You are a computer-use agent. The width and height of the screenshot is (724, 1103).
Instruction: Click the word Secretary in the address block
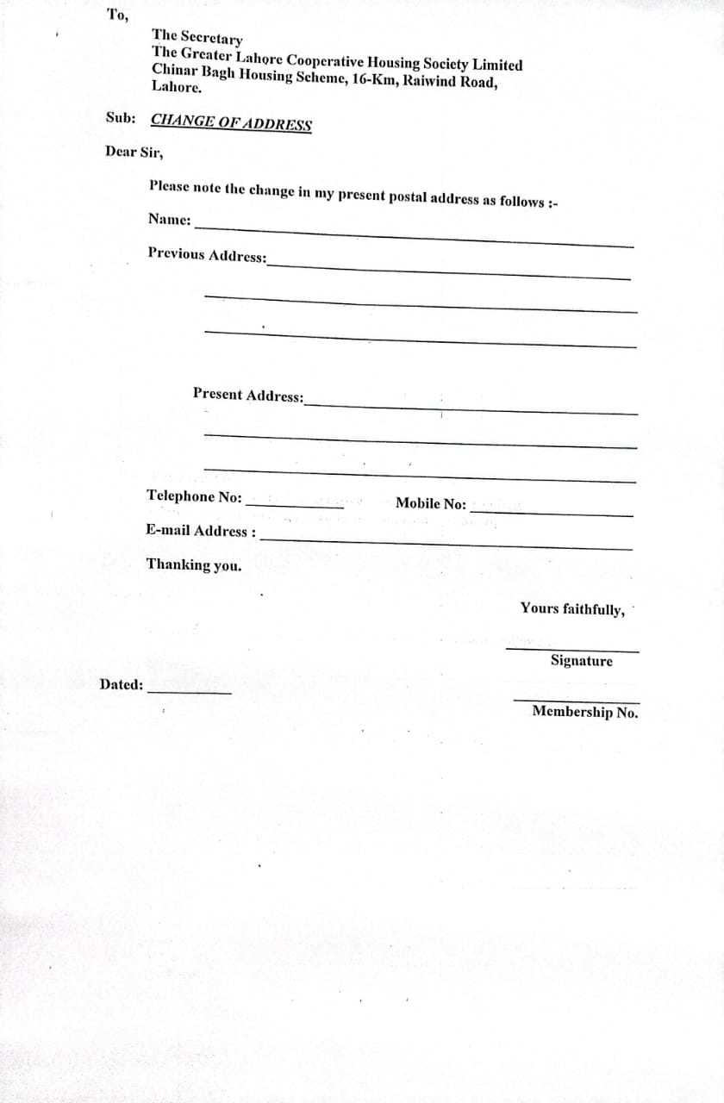coord(212,38)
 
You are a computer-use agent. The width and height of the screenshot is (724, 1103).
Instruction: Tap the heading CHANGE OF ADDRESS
coord(231,122)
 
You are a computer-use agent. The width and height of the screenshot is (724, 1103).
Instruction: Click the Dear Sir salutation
coord(134,152)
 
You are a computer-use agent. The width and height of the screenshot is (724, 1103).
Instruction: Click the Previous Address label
coord(207,255)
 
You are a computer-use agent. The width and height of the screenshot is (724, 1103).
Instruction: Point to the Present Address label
coord(248,396)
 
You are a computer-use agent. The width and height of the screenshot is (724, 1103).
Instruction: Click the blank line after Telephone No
coord(295,506)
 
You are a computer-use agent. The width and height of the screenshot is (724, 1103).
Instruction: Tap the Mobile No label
coord(430,504)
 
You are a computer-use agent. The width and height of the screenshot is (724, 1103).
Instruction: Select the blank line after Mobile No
coord(552,514)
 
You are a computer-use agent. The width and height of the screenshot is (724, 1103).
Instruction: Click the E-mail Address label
coord(201,531)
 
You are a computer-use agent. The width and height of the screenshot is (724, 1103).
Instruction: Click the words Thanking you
coord(194,565)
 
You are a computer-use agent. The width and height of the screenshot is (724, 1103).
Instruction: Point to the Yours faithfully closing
coord(572,609)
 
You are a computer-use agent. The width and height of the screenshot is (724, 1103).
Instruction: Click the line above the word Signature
coord(572,649)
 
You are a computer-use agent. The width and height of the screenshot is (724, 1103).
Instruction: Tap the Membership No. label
coord(585,712)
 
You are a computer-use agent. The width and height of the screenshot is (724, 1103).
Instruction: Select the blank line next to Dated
coord(190,692)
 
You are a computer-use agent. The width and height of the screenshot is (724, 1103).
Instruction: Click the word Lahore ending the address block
coord(177,87)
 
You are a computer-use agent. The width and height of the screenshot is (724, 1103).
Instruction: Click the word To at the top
coord(116,15)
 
